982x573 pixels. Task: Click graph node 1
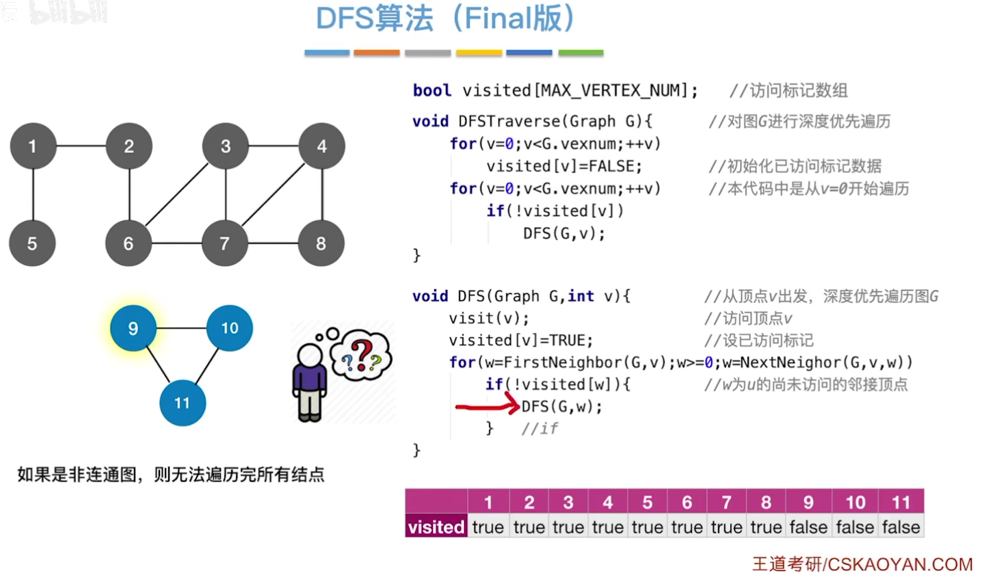tap(33, 146)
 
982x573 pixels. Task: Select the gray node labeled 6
tap(129, 243)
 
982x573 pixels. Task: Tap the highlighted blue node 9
tap(133, 329)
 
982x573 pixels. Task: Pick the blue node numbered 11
tap(182, 403)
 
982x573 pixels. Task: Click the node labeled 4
tap(321, 146)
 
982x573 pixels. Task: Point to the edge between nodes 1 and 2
tap(81, 146)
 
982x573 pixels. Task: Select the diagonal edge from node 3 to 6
tap(177, 195)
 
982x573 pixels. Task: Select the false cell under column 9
tap(808, 527)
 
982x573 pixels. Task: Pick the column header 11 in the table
tap(901, 503)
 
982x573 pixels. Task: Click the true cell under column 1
tap(488, 527)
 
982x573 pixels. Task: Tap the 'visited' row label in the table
tap(436, 527)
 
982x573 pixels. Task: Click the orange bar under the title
tap(376, 53)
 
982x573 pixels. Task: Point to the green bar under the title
tap(581, 53)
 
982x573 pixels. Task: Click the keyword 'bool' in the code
tap(432, 90)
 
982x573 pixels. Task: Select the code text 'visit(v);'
tap(489, 319)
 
